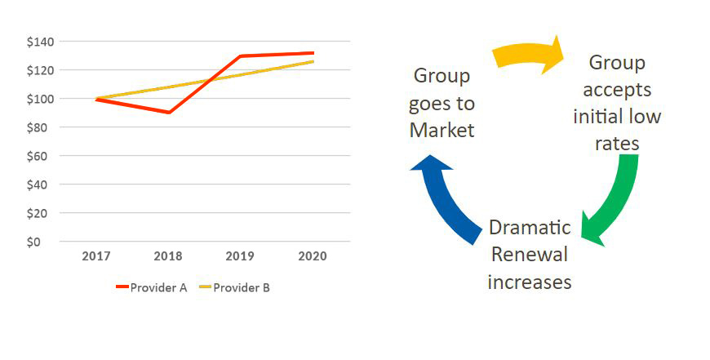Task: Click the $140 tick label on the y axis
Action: coord(41,42)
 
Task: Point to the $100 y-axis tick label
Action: coord(41,99)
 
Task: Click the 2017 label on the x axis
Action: coord(97,256)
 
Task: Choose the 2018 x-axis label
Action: coord(169,256)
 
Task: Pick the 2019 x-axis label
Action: coord(241,256)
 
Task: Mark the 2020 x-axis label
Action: coord(313,256)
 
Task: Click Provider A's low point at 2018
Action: coord(169,113)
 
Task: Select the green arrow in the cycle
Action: coord(615,200)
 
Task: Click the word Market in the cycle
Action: coord(442,130)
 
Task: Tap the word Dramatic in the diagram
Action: coord(529,228)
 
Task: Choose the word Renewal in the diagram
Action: coord(528,255)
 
